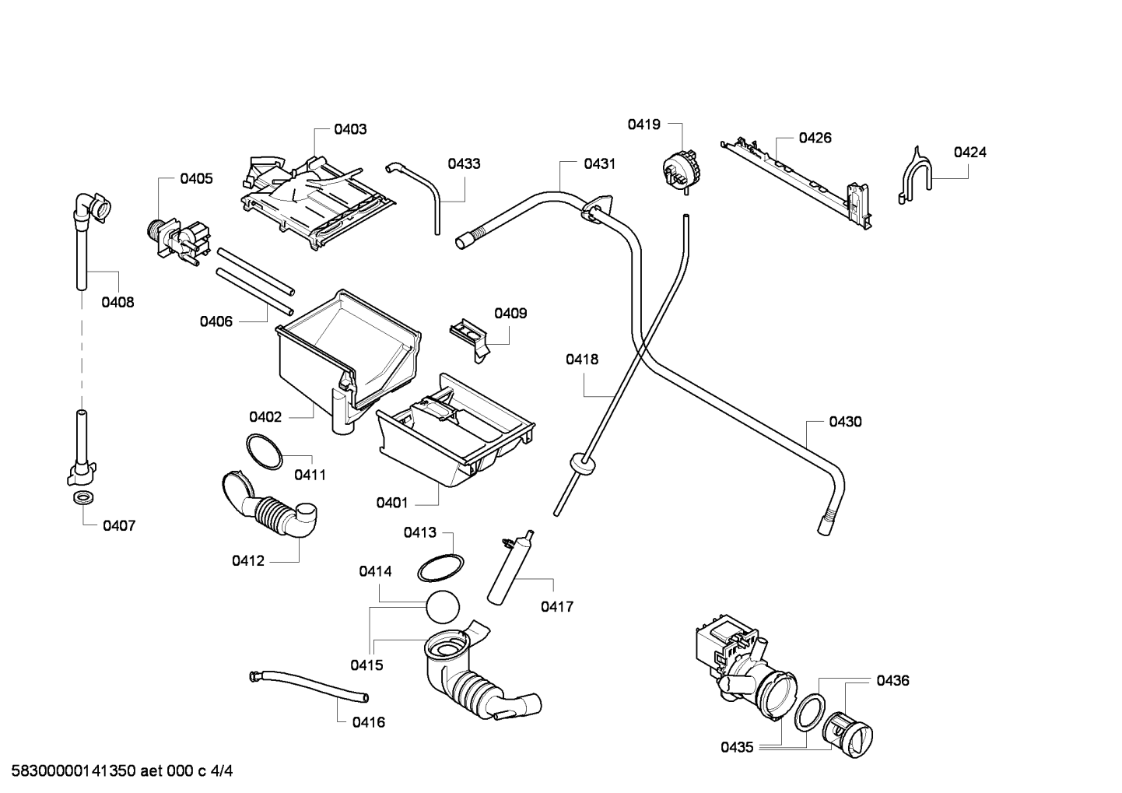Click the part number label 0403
[350, 129]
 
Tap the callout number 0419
[644, 125]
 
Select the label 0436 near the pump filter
[892, 680]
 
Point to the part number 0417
[557, 607]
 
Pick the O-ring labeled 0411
[264, 451]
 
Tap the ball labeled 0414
[443, 607]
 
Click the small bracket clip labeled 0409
[469, 339]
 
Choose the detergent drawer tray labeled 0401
[455, 431]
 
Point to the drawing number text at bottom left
[121, 771]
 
